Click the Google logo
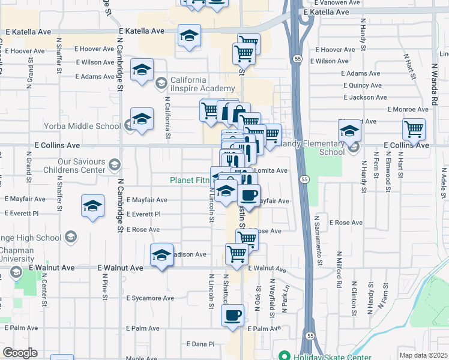point(20,353)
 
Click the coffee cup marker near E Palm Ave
point(232,315)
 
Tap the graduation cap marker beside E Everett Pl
point(92,208)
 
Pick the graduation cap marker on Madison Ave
point(161,256)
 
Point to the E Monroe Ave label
point(408,109)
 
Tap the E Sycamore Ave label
point(150,298)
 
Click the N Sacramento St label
point(320,248)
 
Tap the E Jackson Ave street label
point(366,97)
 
